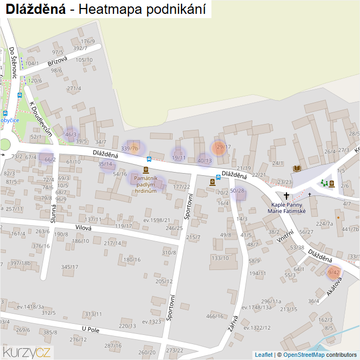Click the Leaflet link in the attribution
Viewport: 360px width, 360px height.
(x=263, y=355)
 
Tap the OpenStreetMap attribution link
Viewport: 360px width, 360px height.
(x=304, y=355)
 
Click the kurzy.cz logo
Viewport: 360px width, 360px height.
(x=27, y=351)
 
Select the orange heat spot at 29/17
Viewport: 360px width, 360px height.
(x=219, y=148)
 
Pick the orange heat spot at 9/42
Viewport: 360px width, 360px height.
(x=334, y=273)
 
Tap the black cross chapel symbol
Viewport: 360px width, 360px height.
(x=287, y=196)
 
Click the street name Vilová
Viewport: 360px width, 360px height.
(x=84, y=228)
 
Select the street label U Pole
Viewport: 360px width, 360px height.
(x=91, y=330)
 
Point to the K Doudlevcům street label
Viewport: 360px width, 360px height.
(x=41, y=118)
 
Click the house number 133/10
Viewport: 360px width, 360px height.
(x=220, y=258)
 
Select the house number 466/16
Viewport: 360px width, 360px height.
(x=215, y=316)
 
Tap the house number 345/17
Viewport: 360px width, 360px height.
(x=69, y=267)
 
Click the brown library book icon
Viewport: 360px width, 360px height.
(x=297, y=168)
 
